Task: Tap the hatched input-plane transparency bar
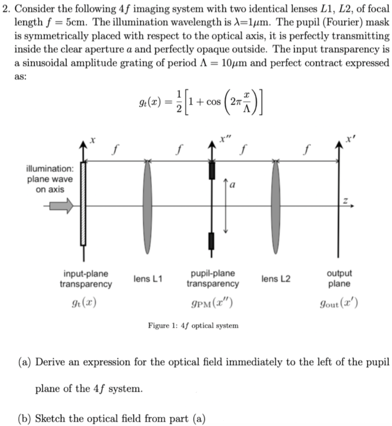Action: [x=83, y=204]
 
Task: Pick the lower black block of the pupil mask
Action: [x=211, y=241]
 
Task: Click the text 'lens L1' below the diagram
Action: [x=148, y=278]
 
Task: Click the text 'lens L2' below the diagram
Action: [x=276, y=278]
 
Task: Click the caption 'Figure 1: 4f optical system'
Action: [x=193, y=325]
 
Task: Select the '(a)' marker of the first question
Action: [x=25, y=362]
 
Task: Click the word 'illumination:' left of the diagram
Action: [x=49, y=169]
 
